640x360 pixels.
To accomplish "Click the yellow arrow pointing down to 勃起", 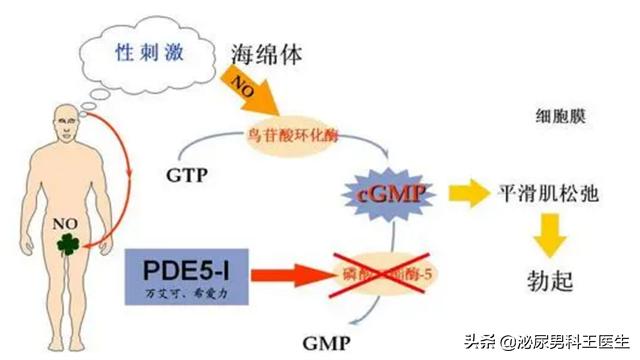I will (547, 237).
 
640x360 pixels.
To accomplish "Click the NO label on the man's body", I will (65, 222).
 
